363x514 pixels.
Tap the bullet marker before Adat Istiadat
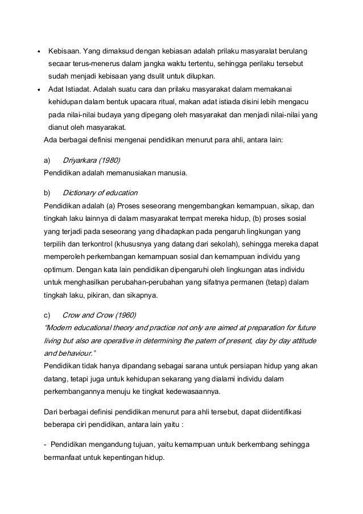[x=38, y=89]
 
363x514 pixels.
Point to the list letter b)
[x=47, y=192]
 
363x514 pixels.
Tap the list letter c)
[x=47, y=315]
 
